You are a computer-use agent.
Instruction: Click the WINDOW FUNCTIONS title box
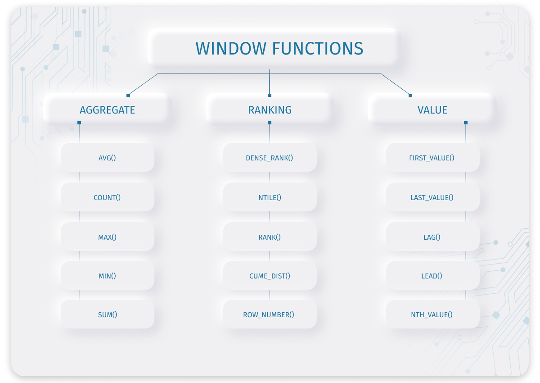pyautogui.click(x=273, y=48)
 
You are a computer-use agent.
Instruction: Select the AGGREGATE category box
pyautogui.click(x=107, y=110)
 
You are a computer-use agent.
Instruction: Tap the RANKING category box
pyautogui.click(x=270, y=110)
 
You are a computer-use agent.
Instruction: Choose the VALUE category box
pyautogui.click(x=432, y=110)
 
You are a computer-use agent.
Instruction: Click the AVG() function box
pyautogui.click(x=107, y=158)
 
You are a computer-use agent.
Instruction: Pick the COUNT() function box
pyautogui.click(x=107, y=197)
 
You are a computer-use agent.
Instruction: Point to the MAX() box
pyautogui.click(x=107, y=237)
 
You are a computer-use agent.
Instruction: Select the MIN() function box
pyautogui.click(x=107, y=275)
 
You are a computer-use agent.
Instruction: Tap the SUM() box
pyautogui.click(x=107, y=315)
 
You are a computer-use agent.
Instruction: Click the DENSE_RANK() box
pyautogui.click(x=270, y=158)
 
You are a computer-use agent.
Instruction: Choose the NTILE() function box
pyautogui.click(x=270, y=197)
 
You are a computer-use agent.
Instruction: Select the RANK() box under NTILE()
pyautogui.click(x=270, y=237)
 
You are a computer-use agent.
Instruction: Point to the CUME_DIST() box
pyautogui.click(x=270, y=275)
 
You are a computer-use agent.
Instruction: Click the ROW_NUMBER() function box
pyautogui.click(x=270, y=315)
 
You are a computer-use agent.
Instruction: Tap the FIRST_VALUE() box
pyautogui.click(x=432, y=158)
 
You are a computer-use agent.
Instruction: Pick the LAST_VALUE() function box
pyautogui.click(x=432, y=197)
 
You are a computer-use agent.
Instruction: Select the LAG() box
pyautogui.click(x=432, y=237)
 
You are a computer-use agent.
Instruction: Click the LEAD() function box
pyautogui.click(x=432, y=275)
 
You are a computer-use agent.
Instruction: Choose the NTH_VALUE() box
pyautogui.click(x=432, y=315)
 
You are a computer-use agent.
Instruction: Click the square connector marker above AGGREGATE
pyautogui.click(x=128, y=96)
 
